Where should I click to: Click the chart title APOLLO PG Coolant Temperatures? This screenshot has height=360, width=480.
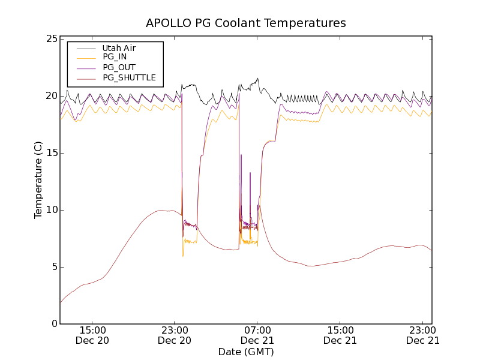(x=246, y=23)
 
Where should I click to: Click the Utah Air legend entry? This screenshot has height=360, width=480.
(x=119, y=48)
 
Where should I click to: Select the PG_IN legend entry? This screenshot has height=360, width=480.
(x=115, y=57)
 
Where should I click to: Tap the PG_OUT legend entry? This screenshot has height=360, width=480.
(x=119, y=67)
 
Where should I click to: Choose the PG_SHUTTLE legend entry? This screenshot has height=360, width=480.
(x=129, y=77)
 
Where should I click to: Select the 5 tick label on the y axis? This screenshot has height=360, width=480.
(x=53, y=267)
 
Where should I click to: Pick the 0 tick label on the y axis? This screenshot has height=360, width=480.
(x=53, y=324)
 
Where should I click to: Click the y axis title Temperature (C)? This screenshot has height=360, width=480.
(x=38, y=180)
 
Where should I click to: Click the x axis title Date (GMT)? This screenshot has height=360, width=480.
(x=246, y=352)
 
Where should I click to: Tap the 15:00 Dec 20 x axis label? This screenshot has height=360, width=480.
(x=93, y=335)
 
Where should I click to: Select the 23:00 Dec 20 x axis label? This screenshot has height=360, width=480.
(x=175, y=335)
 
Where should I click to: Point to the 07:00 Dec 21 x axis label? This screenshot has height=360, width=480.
(x=257, y=335)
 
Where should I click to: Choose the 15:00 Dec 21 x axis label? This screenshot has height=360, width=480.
(x=340, y=335)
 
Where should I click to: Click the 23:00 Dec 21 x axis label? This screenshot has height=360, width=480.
(x=423, y=335)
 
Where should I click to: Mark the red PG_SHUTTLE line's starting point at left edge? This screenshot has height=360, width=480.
(x=61, y=302)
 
